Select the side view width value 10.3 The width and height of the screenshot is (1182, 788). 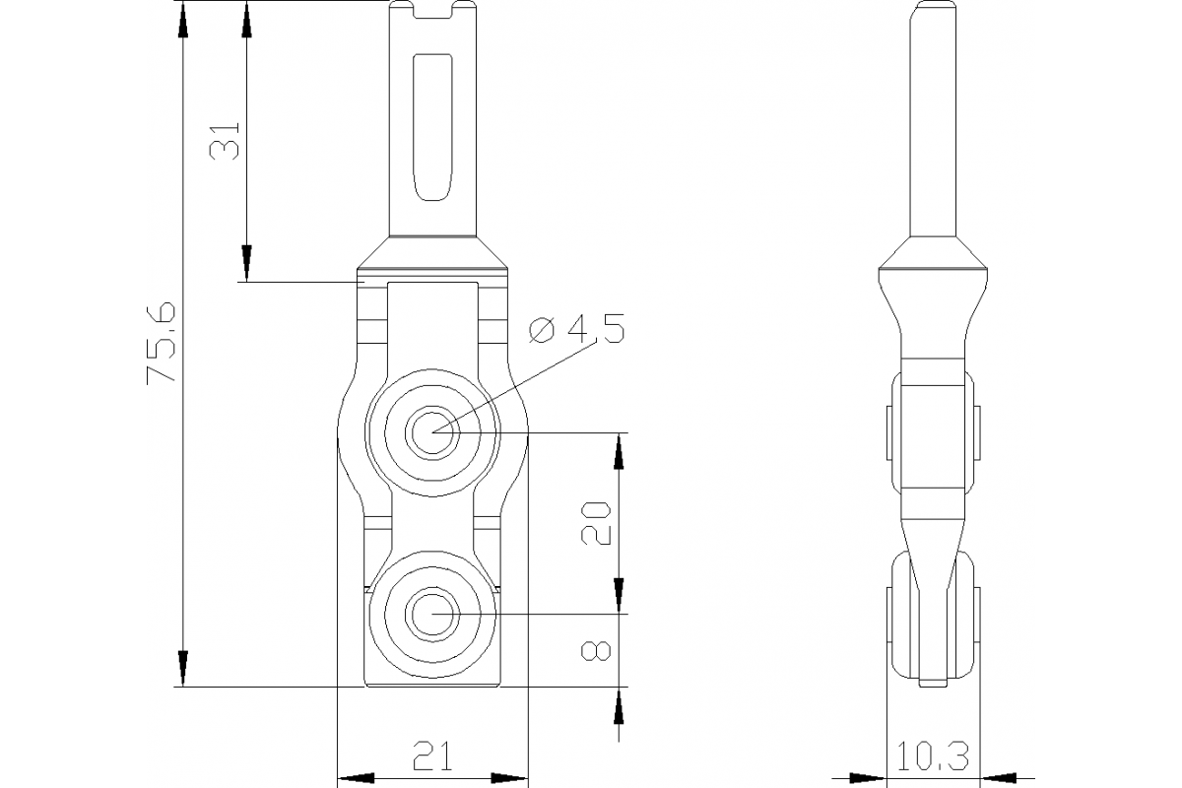click(932, 756)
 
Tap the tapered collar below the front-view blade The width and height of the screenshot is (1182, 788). click(433, 253)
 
